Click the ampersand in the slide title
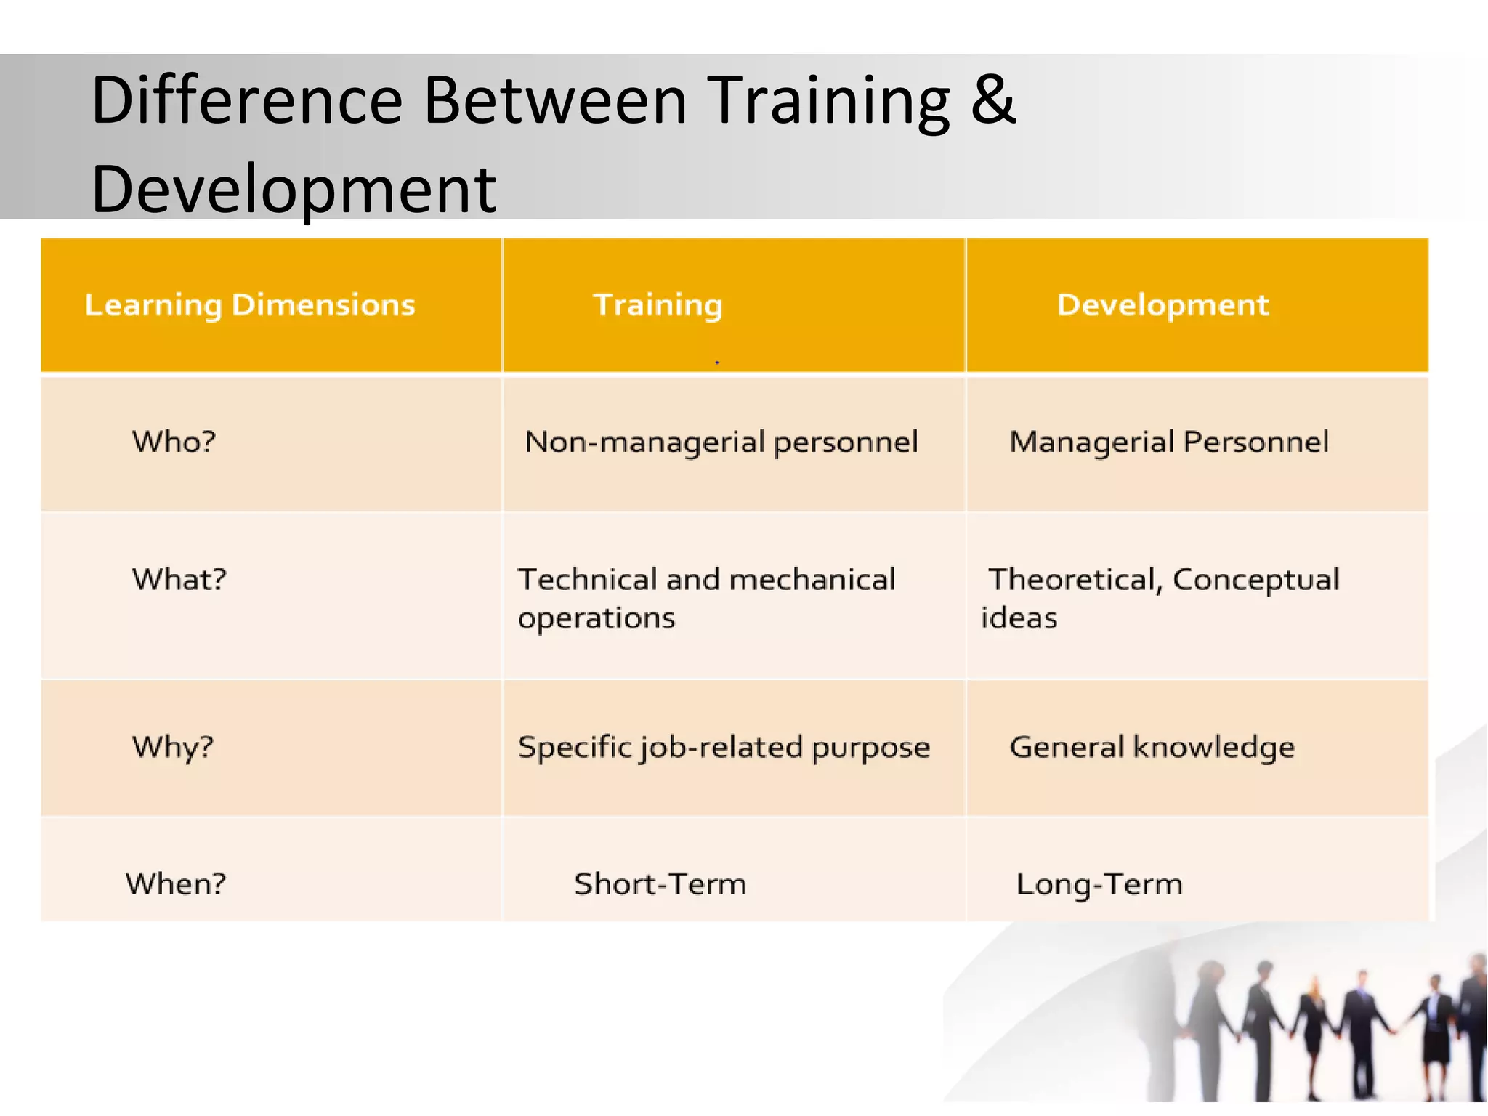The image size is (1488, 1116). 992,100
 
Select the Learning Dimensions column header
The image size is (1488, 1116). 250,305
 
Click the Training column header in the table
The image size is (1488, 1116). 658,305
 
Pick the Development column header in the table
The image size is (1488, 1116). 1162,305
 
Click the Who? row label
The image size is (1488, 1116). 174,442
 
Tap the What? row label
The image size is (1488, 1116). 179,580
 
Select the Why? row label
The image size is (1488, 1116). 173,748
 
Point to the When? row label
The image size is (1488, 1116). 176,884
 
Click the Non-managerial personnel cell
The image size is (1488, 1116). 721,442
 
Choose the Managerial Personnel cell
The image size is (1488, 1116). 1169,442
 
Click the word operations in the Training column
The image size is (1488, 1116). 597,618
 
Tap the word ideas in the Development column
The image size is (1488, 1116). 1019,618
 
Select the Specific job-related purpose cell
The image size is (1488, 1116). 724,748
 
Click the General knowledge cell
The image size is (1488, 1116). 1152,748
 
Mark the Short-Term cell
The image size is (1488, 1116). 660,884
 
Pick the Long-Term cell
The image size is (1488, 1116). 1099,884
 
